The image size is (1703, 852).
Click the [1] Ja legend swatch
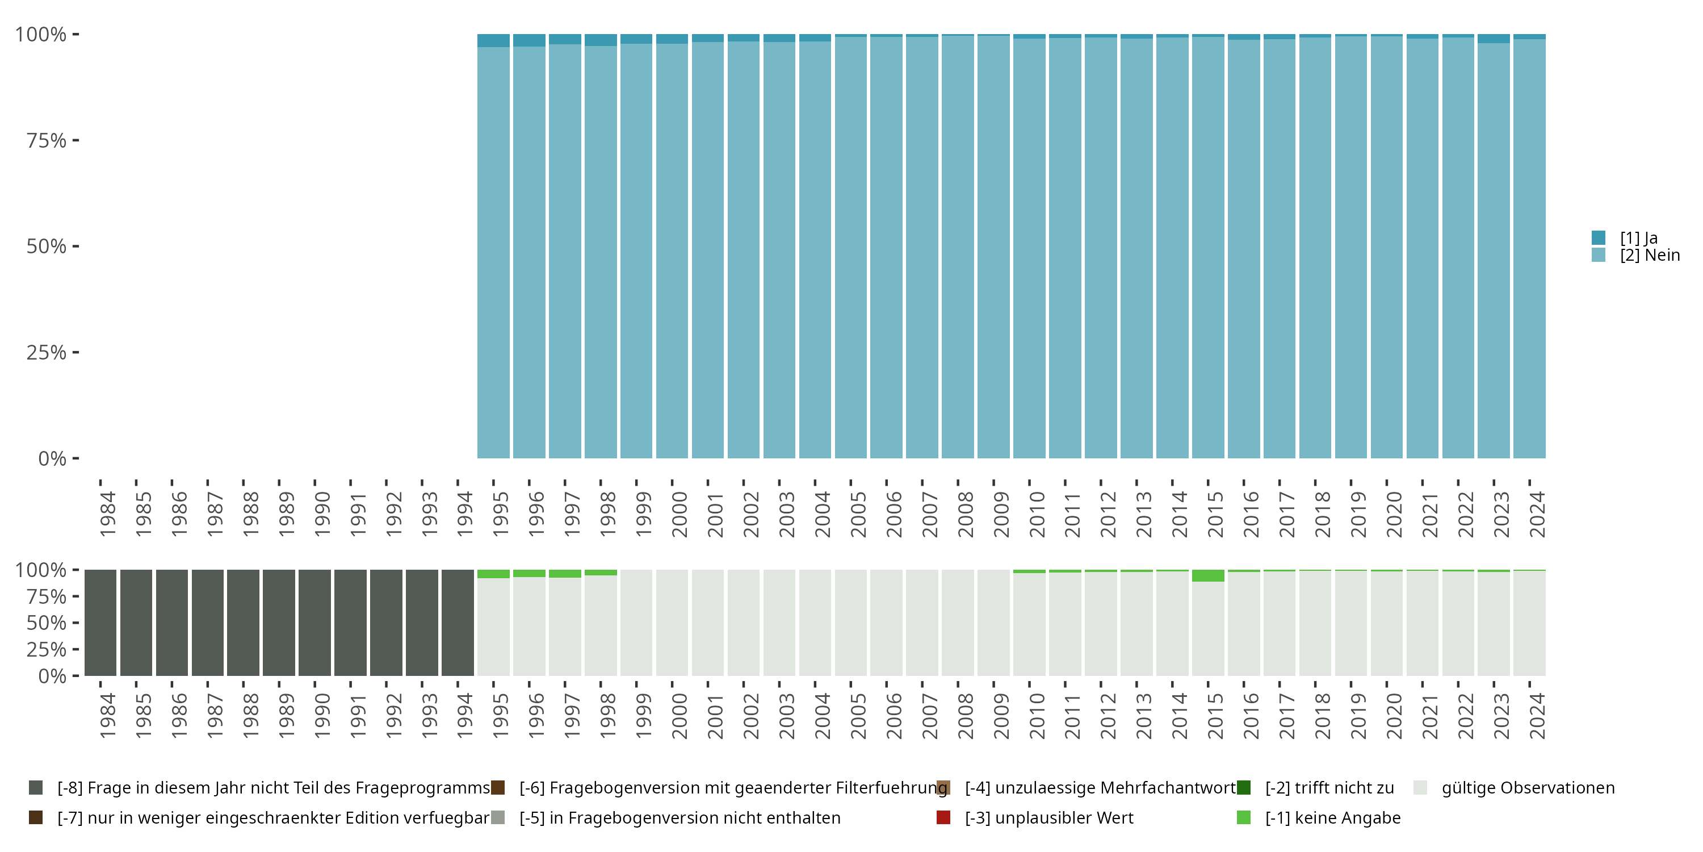[x=1598, y=237]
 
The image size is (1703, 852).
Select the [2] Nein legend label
[x=1650, y=256]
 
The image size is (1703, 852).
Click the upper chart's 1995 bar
[x=493, y=252]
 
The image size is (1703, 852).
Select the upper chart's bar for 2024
[x=1529, y=252]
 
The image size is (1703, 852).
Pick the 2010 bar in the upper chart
[x=1029, y=252]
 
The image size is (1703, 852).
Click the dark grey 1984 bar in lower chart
[x=100, y=623]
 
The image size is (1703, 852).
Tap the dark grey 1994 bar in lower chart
[x=458, y=623]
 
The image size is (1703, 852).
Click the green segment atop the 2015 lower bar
[x=1208, y=575]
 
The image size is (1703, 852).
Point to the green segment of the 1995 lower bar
[x=493, y=574]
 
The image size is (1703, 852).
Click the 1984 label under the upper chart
[x=107, y=514]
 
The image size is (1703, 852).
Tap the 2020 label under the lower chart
[x=1394, y=716]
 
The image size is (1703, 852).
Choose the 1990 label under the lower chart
[x=321, y=716]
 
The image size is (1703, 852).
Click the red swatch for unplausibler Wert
[x=943, y=817]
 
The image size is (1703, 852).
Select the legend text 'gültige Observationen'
[x=1528, y=788]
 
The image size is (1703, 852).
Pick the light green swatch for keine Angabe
[x=1244, y=817]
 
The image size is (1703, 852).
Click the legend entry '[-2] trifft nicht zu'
[x=1329, y=788]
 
